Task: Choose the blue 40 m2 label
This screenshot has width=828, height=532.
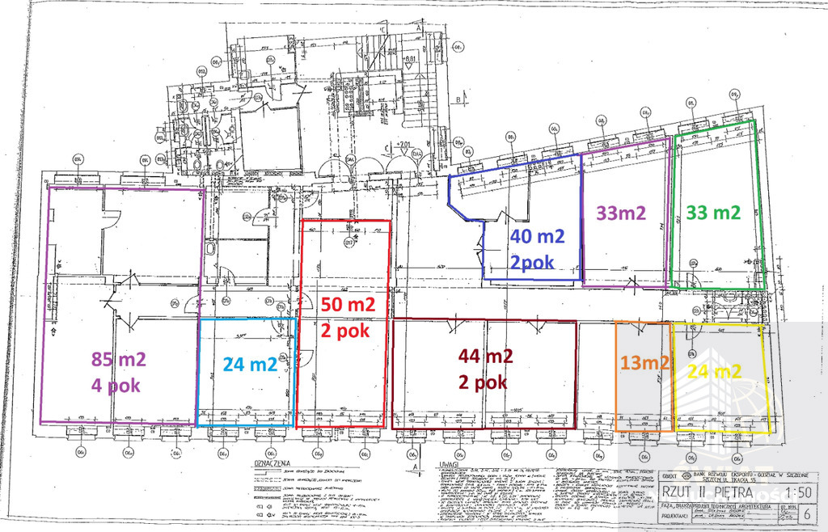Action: click(x=537, y=237)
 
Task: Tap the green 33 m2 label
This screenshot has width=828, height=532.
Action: click(x=713, y=213)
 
